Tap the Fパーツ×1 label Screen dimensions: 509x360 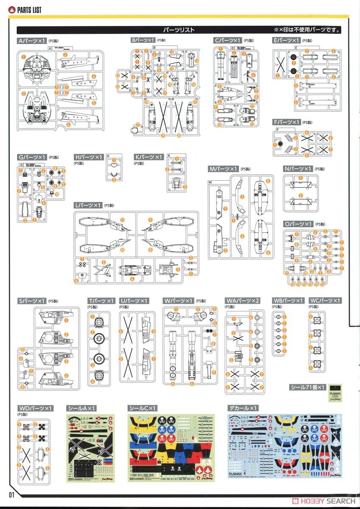(287, 123)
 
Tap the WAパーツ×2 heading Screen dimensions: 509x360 (242, 301)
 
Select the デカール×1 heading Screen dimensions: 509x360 (243, 408)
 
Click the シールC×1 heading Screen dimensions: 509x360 (142, 408)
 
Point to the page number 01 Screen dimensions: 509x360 (11, 495)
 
